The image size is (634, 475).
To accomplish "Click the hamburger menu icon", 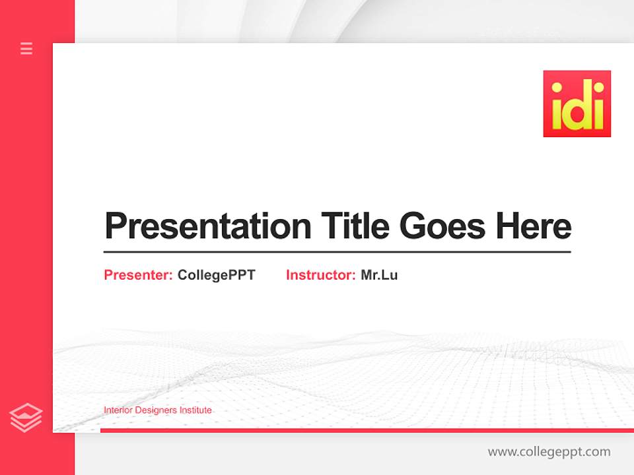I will tap(26, 48).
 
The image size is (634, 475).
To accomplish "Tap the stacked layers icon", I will tap(26, 418).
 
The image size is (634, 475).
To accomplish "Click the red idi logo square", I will tap(577, 104).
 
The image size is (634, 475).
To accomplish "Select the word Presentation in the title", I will tap(208, 226).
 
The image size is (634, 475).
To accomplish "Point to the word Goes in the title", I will tap(442, 226).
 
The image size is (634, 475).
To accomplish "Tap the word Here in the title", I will tap(533, 226).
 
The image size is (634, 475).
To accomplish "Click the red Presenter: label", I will tap(138, 275).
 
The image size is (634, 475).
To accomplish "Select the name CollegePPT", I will tap(216, 275).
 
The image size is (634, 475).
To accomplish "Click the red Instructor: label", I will tap(320, 275).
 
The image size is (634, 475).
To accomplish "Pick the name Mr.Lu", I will tap(379, 275).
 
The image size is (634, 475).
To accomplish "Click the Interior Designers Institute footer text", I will tap(158, 410).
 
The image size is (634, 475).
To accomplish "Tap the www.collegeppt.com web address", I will tap(549, 452).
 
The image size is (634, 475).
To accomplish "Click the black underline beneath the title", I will tap(337, 251).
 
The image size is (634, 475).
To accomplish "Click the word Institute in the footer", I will tap(196, 410).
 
